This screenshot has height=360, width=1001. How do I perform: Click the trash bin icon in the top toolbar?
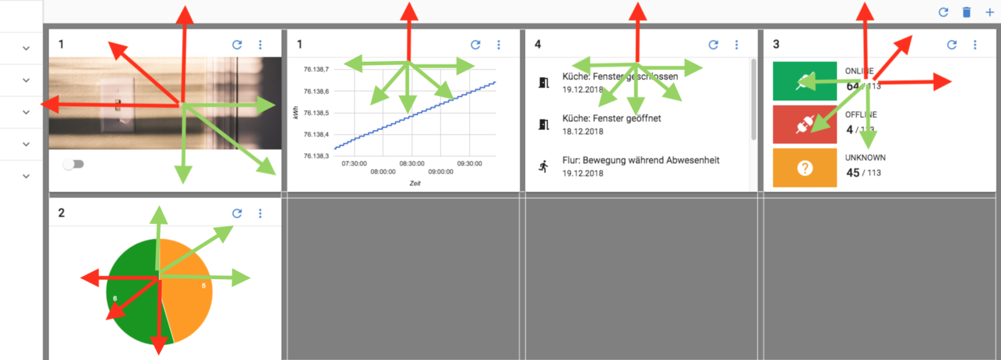[967, 12]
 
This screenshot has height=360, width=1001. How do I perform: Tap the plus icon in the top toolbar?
[989, 12]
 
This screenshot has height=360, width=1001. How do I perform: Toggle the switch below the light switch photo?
[73, 164]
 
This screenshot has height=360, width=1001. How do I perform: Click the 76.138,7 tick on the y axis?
[316, 69]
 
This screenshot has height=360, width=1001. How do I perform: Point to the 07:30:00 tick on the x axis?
[354, 163]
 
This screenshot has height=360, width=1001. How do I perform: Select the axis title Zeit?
[415, 183]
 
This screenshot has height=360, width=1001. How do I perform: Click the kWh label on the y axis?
[295, 113]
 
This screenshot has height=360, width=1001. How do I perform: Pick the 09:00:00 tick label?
[440, 172]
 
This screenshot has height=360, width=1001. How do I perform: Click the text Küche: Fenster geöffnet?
[611, 118]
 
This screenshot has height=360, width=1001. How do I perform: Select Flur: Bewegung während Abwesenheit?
[640, 160]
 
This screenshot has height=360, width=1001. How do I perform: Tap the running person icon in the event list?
[544, 167]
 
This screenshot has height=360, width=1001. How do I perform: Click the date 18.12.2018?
[582, 131]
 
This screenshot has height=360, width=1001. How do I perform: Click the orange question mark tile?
[804, 168]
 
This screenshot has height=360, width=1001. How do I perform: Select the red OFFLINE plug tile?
[804, 124]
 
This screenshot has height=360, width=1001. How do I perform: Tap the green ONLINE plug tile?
[804, 81]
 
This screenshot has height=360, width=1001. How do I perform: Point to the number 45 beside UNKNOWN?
[853, 173]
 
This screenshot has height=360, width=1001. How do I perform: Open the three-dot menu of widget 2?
[260, 213]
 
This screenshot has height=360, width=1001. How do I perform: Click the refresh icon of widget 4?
[713, 45]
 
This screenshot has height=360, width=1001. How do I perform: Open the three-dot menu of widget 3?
[975, 45]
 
